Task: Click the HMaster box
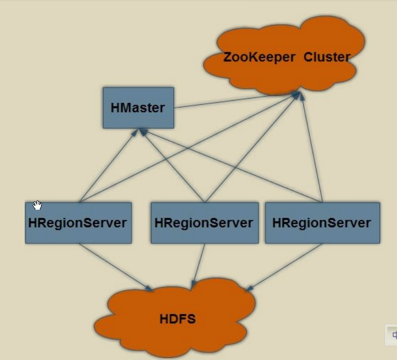click(x=138, y=108)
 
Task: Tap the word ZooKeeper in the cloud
click(x=259, y=57)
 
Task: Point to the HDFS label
click(x=178, y=320)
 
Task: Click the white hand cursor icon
click(x=37, y=206)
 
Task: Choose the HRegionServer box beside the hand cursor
click(x=78, y=223)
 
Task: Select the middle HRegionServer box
click(x=204, y=223)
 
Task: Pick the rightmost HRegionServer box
click(x=322, y=223)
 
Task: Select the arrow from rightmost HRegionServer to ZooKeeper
click(x=312, y=148)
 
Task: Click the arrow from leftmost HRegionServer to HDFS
click(x=115, y=267)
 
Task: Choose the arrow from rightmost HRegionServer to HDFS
click(x=284, y=267)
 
